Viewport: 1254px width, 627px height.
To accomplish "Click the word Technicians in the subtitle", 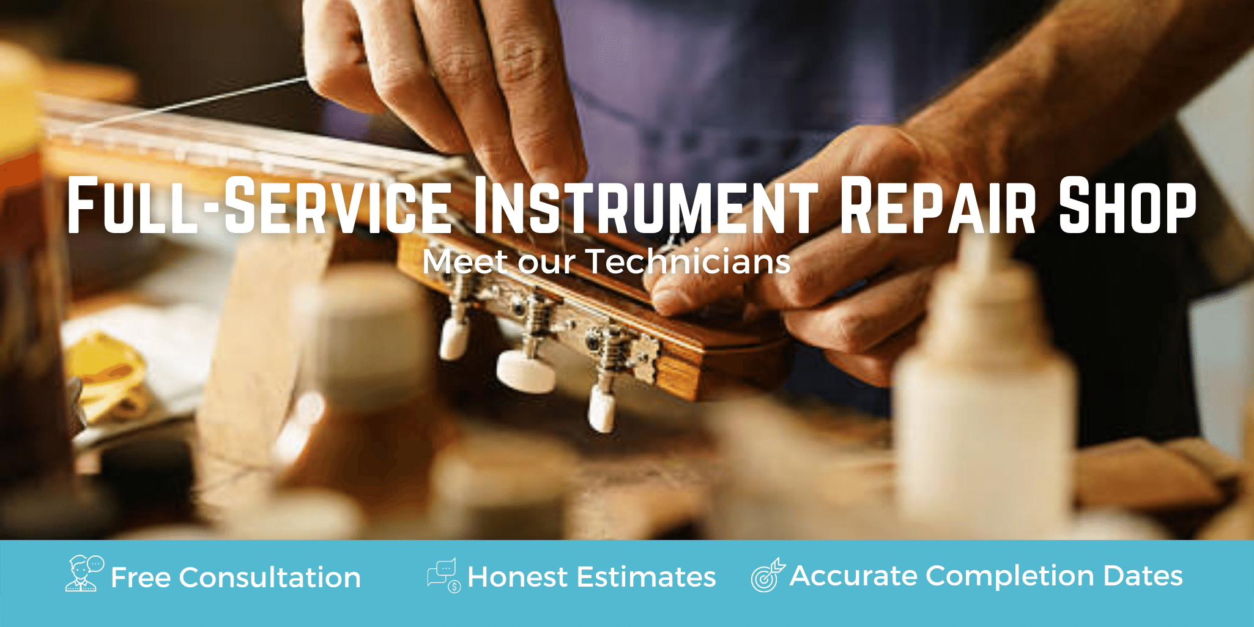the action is (688, 261).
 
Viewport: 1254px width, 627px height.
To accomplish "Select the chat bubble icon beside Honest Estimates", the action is (444, 575).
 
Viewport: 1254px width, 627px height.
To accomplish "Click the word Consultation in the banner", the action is (270, 577).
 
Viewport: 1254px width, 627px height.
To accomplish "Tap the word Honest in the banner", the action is (518, 577).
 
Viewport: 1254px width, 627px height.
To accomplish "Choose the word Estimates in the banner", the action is (646, 577).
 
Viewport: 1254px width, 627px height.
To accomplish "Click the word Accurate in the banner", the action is (853, 576).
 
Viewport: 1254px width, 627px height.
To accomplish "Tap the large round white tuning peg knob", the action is (526, 371).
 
